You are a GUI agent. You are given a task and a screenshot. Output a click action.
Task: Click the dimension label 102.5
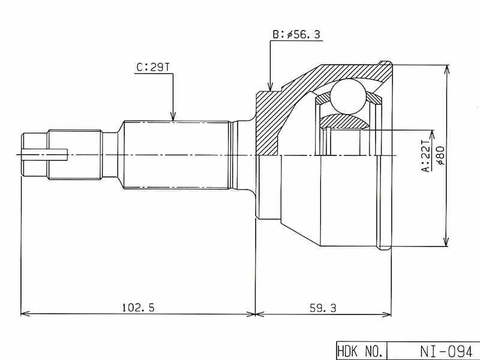[139, 307]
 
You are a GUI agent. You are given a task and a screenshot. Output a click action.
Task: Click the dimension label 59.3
[323, 308]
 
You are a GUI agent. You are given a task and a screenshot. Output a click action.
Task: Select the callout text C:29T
[153, 67]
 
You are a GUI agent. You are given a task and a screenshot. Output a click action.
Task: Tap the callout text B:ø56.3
[296, 35]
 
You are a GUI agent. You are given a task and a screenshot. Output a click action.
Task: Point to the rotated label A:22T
[427, 156]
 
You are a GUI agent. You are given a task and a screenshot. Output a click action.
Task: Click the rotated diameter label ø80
[441, 156]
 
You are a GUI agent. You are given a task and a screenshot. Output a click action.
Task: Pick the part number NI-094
[446, 351]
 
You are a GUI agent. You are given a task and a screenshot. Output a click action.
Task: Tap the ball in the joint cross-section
[349, 96]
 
